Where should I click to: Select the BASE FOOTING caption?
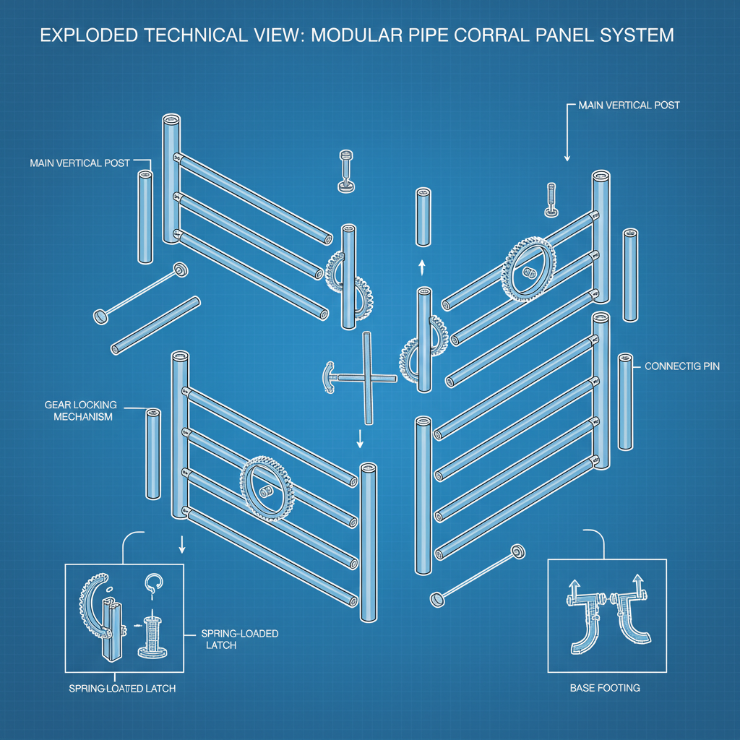click(605, 687)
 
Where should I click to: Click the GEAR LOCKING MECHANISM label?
click(79, 411)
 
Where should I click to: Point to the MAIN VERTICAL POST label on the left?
click(79, 163)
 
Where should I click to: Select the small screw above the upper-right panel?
click(551, 200)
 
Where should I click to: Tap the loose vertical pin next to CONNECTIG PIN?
click(625, 401)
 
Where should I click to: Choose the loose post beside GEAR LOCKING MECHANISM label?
click(153, 454)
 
